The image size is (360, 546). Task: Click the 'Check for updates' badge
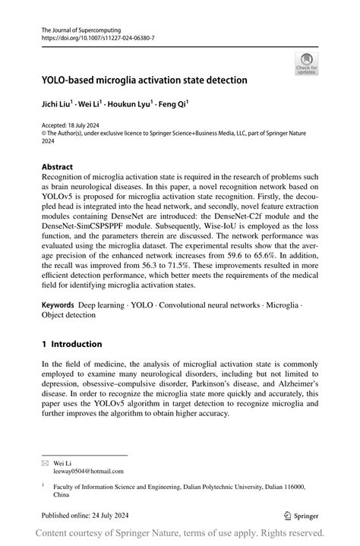pyautogui.click(x=307, y=63)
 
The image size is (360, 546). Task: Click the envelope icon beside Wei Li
pyautogui.click(x=45, y=462)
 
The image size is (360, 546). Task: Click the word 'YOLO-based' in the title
pyautogui.click(x=74, y=79)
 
